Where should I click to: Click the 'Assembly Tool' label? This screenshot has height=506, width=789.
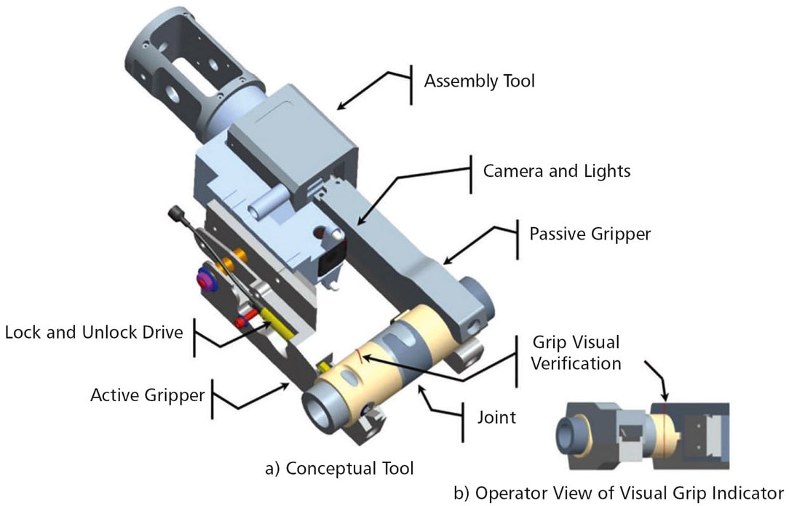(x=479, y=80)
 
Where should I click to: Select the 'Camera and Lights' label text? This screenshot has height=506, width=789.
(x=557, y=171)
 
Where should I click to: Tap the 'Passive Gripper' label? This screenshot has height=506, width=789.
(x=589, y=234)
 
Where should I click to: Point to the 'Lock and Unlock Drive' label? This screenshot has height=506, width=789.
(x=92, y=333)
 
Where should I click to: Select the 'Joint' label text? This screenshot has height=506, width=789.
(x=498, y=417)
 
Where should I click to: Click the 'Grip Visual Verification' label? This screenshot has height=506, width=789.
(x=574, y=352)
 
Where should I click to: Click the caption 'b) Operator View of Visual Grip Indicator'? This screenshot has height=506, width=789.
(x=618, y=491)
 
